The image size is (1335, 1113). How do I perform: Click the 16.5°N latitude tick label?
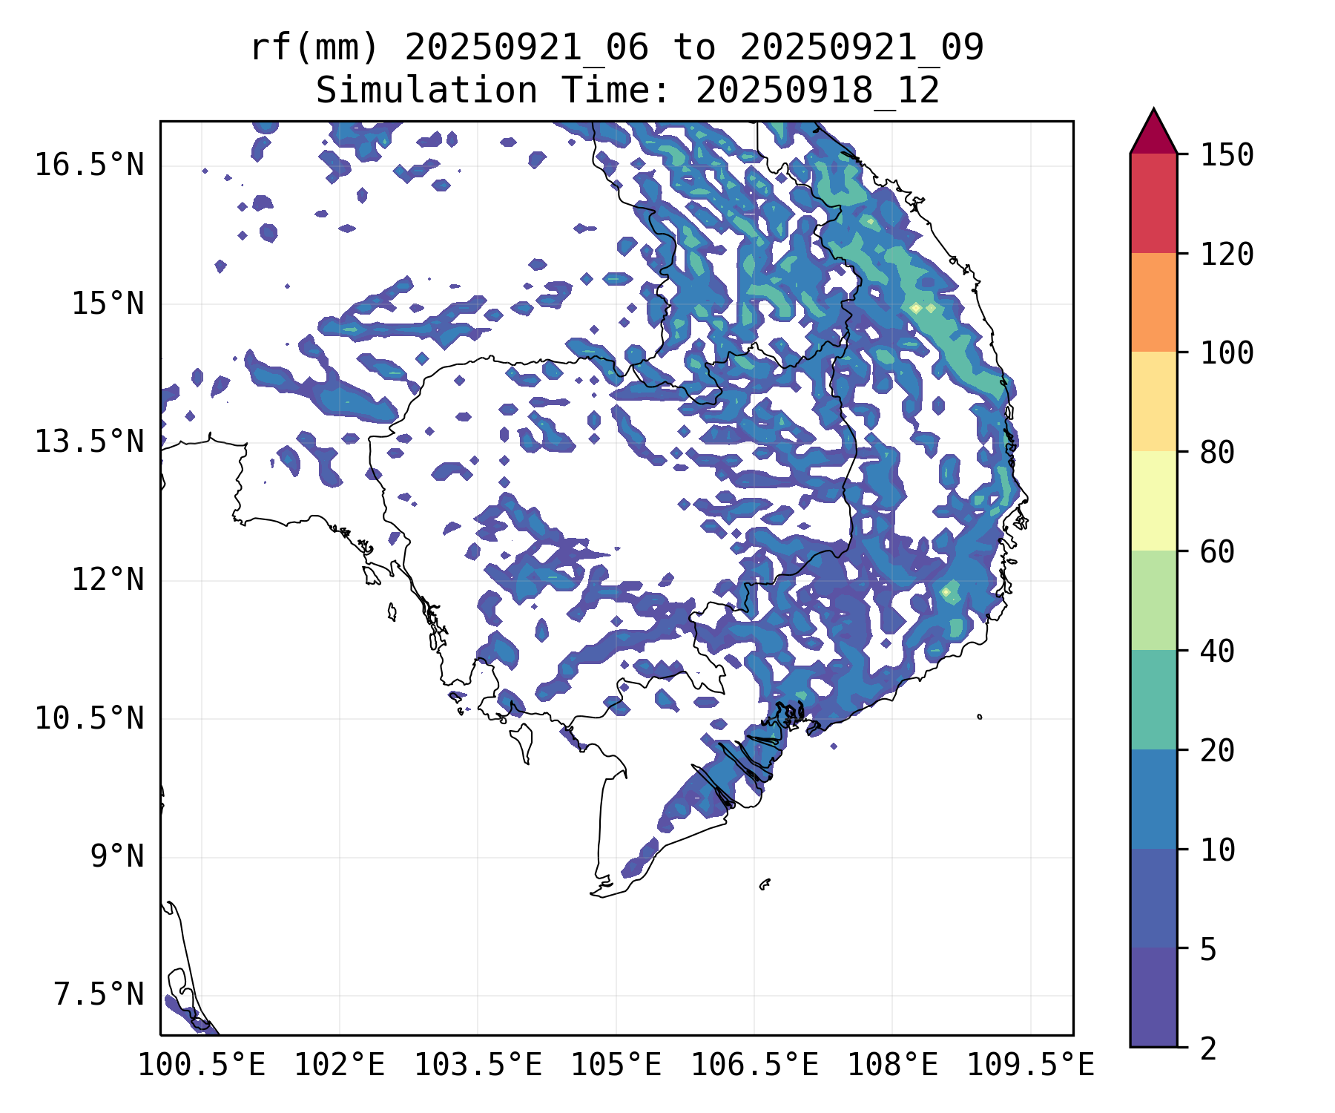coord(89,165)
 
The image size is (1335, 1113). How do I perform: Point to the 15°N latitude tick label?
coord(108,303)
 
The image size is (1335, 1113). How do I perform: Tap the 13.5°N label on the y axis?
coord(89,441)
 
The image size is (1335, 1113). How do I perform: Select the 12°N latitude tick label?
coord(108,580)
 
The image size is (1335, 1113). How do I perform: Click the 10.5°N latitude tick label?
coord(89,718)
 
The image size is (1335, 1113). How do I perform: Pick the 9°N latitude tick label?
coord(117,856)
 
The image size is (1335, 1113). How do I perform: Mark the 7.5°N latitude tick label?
coord(99,995)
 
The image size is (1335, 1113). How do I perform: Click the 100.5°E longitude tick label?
coord(202,1066)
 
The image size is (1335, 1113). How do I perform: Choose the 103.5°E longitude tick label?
coord(478,1066)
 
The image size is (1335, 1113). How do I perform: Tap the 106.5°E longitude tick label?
coord(754,1066)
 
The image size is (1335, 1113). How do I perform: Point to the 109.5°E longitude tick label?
coord(1030,1066)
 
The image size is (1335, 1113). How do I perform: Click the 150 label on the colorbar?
coord(1227,155)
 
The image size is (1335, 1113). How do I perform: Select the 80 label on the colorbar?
coord(1217,452)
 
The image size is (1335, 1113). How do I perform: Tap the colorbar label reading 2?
coord(1208,1049)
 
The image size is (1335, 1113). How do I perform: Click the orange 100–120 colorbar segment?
coord(1153,302)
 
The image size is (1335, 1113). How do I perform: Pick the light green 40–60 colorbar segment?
coord(1153,600)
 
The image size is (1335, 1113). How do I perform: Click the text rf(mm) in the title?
coord(314,48)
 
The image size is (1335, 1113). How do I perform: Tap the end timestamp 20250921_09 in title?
coord(862,48)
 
